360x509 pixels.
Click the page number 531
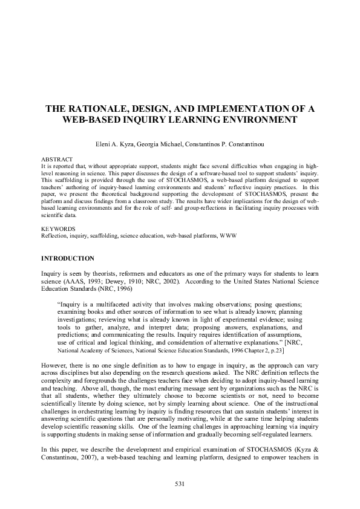tap(179, 483)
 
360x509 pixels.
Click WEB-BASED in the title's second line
tap(90, 119)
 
